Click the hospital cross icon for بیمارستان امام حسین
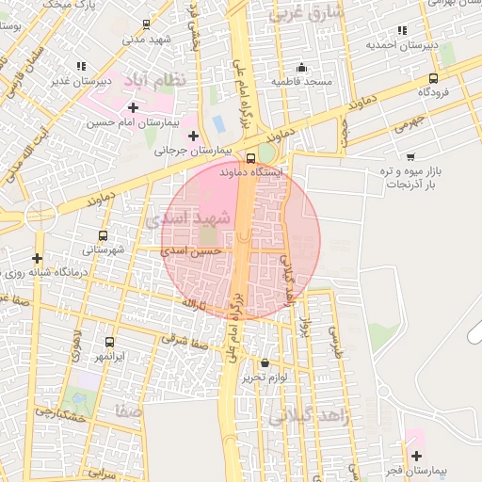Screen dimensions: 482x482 click(x=133, y=107)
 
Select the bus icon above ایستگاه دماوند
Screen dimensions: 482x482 click(x=250, y=158)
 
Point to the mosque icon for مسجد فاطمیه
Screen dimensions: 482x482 click(x=301, y=67)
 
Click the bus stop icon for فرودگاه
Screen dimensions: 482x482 click(x=433, y=79)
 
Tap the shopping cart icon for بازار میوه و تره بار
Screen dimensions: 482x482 click(x=410, y=156)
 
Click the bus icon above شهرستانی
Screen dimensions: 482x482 click(x=103, y=235)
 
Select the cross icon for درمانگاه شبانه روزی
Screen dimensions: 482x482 click(x=37, y=258)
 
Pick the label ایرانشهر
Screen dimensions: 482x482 click(x=110, y=358)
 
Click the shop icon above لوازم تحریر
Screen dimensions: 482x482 click(x=265, y=363)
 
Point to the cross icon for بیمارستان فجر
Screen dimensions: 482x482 click(x=416, y=456)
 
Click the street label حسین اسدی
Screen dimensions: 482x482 click(x=192, y=251)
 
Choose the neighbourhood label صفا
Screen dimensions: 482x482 click(x=128, y=411)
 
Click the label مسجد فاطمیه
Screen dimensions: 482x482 click(x=302, y=82)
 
